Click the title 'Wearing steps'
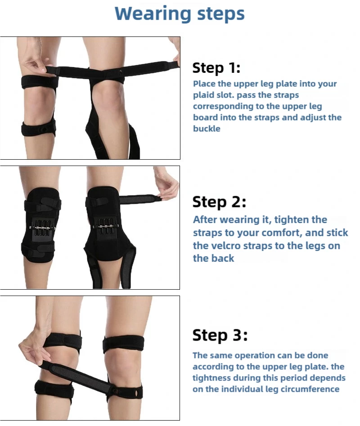click(180, 13)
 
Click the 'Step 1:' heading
click(216, 67)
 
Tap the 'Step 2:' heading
click(219, 202)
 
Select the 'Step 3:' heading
click(220, 335)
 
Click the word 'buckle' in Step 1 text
click(207, 129)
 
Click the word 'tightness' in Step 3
click(211, 378)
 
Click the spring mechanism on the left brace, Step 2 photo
click(42, 227)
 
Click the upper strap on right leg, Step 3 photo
click(123, 344)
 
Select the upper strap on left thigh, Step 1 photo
click(40, 82)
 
